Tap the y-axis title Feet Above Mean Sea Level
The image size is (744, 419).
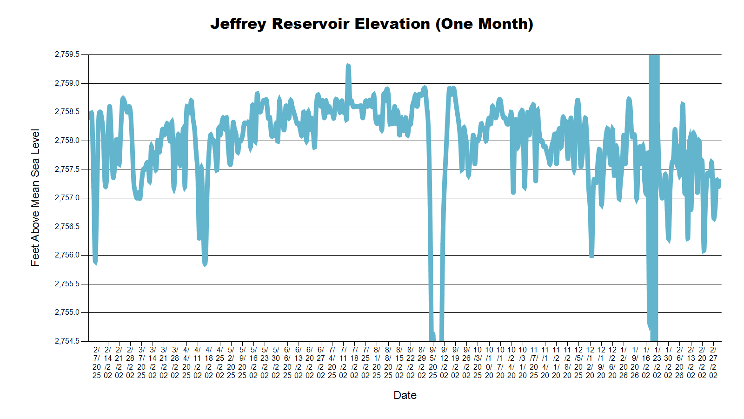click(x=35, y=197)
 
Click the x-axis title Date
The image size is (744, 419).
click(x=405, y=395)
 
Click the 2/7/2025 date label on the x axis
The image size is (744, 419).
click(x=97, y=362)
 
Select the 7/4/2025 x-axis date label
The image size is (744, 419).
click(x=332, y=362)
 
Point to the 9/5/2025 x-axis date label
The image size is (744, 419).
click(x=433, y=362)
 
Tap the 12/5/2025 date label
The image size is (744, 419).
click(x=578, y=362)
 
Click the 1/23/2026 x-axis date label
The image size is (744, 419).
click(x=657, y=362)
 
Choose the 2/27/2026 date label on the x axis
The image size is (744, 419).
click(x=713, y=362)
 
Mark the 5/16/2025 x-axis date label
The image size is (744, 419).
click(x=253, y=362)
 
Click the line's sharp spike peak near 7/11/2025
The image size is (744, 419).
click(x=348, y=66)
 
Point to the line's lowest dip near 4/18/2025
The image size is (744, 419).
click(x=205, y=264)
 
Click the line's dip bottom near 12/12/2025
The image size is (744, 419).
click(x=591, y=256)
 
